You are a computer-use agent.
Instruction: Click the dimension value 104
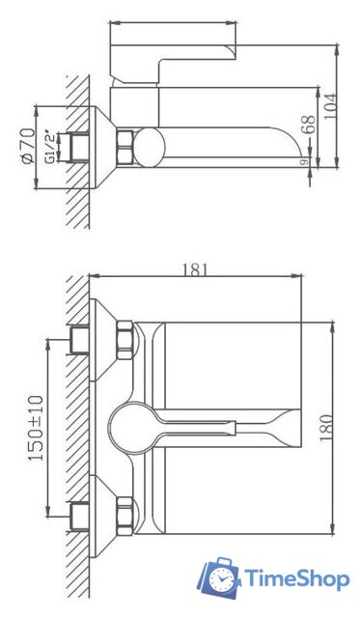(x=331, y=107)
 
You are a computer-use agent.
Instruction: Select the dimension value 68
(x=310, y=125)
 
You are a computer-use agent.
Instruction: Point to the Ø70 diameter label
(x=28, y=147)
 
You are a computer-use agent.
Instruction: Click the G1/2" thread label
(x=50, y=147)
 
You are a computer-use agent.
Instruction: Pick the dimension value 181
(x=195, y=270)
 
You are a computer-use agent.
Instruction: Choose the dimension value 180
(x=326, y=428)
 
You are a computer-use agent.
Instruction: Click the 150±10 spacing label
(x=36, y=428)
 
